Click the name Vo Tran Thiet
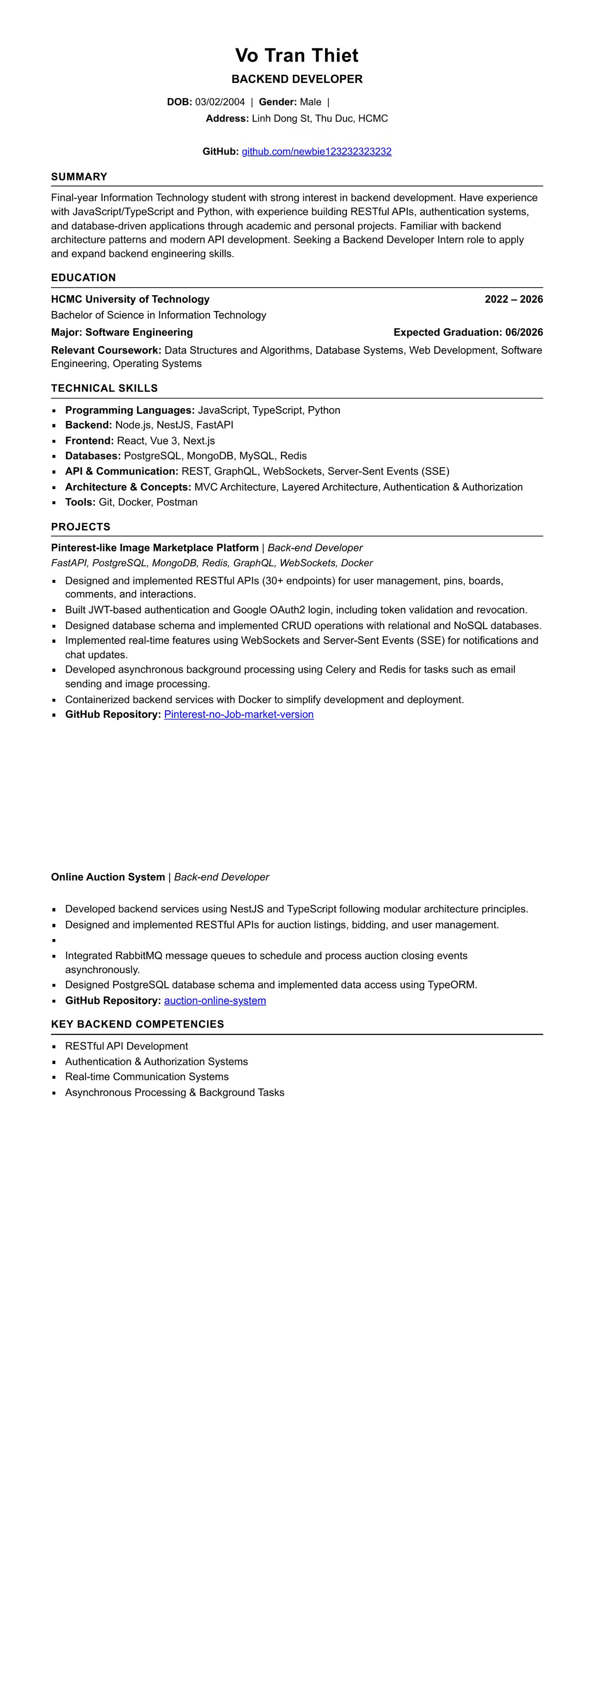click(x=297, y=56)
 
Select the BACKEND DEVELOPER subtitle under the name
click(x=297, y=79)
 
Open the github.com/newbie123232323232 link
click(x=316, y=152)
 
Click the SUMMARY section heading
click(x=79, y=177)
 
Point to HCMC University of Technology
click(x=130, y=299)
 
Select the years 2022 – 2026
click(x=513, y=299)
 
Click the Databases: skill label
click(x=93, y=456)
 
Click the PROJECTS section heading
click(x=81, y=527)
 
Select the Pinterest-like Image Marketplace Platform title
click(x=155, y=548)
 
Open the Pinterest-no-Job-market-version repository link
click(x=238, y=714)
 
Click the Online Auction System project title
click(x=108, y=877)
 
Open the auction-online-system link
click(x=215, y=1000)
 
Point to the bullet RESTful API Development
click(x=127, y=1046)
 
